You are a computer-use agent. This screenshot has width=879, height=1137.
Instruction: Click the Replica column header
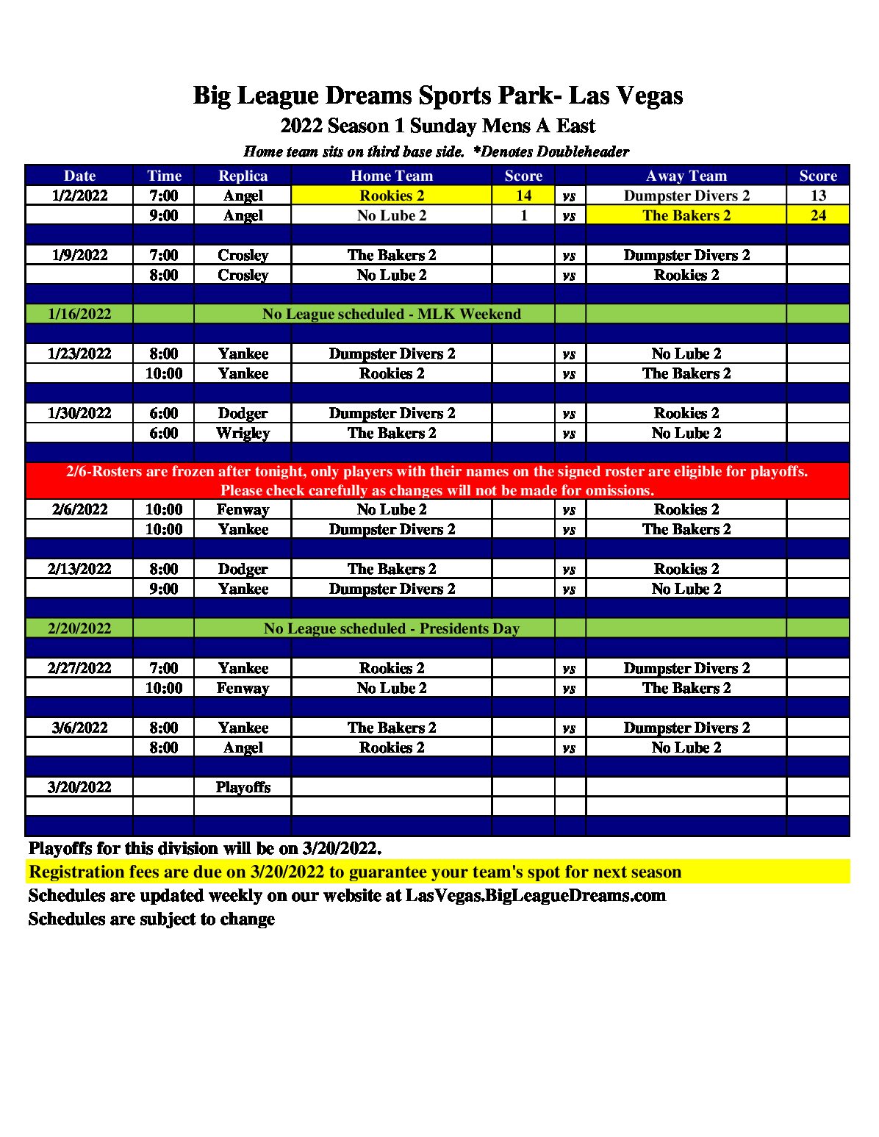pyautogui.click(x=243, y=176)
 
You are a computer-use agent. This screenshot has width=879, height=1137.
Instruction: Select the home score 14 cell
pyautogui.click(x=523, y=196)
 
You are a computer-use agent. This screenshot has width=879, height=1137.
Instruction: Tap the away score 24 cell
pyautogui.click(x=818, y=215)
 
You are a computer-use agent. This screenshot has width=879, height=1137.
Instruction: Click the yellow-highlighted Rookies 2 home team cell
pyautogui.click(x=392, y=196)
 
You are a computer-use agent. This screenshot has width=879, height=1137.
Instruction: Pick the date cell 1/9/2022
pyautogui.click(x=79, y=255)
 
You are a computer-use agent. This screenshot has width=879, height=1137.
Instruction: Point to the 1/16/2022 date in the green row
pyautogui.click(x=79, y=314)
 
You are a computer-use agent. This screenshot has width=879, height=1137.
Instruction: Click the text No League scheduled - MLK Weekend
pyautogui.click(x=392, y=314)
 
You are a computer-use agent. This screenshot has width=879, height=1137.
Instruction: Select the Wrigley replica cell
pyautogui.click(x=243, y=433)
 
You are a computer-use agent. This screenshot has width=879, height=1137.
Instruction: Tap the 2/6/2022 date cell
pyautogui.click(x=79, y=509)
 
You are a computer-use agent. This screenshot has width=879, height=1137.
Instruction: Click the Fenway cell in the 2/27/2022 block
pyautogui.click(x=243, y=688)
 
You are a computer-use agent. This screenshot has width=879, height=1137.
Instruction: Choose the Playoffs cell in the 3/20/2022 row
pyautogui.click(x=243, y=787)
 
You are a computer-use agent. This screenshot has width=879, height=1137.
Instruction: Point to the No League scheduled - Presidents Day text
pyautogui.click(x=392, y=628)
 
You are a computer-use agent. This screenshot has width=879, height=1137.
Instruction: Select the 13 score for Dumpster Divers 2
pyautogui.click(x=818, y=196)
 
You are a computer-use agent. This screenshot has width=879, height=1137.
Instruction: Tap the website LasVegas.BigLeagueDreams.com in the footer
pyautogui.click(x=535, y=895)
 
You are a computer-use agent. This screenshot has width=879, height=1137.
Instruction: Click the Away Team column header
pyautogui.click(x=686, y=176)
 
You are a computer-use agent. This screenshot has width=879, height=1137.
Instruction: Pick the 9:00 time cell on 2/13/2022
pyautogui.click(x=163, y=589)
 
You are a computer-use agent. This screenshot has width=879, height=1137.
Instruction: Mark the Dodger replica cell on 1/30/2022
pyautogui.click(x=243, y=413)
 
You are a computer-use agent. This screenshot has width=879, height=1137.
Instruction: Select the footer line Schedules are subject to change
pyautogui.click(x=151, y=919)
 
